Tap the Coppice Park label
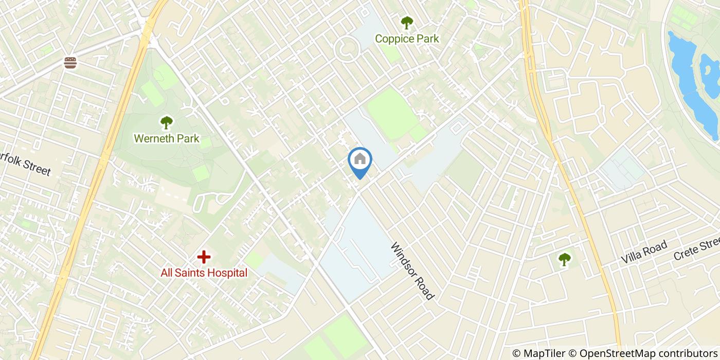(407, 39)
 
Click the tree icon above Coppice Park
(407, 23)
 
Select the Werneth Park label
(166, 138)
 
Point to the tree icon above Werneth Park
(166, 122)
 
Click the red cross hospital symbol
(204, 256)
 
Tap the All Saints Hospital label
(204, 273)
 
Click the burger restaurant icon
(70, 63)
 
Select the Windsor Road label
(412, 271)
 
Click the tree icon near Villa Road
(564, 259)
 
